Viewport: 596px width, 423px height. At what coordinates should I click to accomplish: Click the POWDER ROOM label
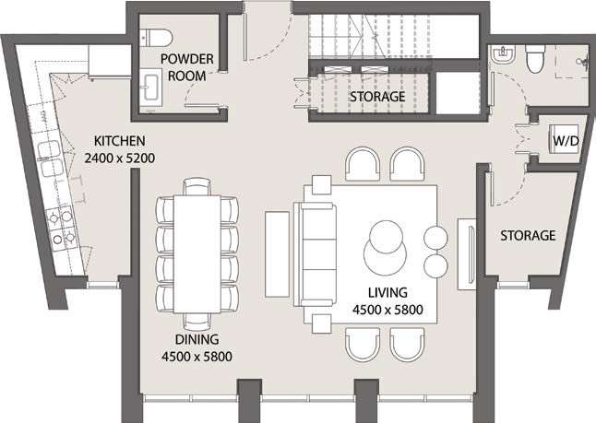pyautogui.click(x=187, y=67)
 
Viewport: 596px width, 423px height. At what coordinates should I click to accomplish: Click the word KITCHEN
pyautogui.click(x=120, y=142)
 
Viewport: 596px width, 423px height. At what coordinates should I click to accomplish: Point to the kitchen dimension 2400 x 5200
pyautogui.click(x=120, y=158)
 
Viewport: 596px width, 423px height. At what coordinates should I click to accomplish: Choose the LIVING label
pyautogui.click(x=387, y=295)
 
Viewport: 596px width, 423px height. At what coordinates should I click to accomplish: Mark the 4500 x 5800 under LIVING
pyautogui.click(x=387, y=311)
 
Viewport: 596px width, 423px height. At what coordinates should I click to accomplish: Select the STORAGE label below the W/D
pyautogui.click(x=528, y=236)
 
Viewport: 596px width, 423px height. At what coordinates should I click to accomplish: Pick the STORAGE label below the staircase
pyautogui.click(x=376, y=96)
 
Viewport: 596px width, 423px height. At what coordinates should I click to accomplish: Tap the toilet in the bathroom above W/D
pyautogui.click(x=533, y=60)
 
